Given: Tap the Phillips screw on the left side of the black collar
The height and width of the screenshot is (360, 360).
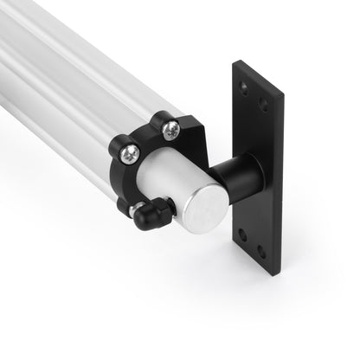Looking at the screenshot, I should [127, 152].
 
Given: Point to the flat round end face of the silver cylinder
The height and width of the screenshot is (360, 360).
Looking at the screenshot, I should [205, 218].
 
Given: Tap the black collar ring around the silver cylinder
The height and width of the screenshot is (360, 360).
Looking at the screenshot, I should [147, 138].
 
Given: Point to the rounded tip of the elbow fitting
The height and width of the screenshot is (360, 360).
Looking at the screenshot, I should [142, 223].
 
